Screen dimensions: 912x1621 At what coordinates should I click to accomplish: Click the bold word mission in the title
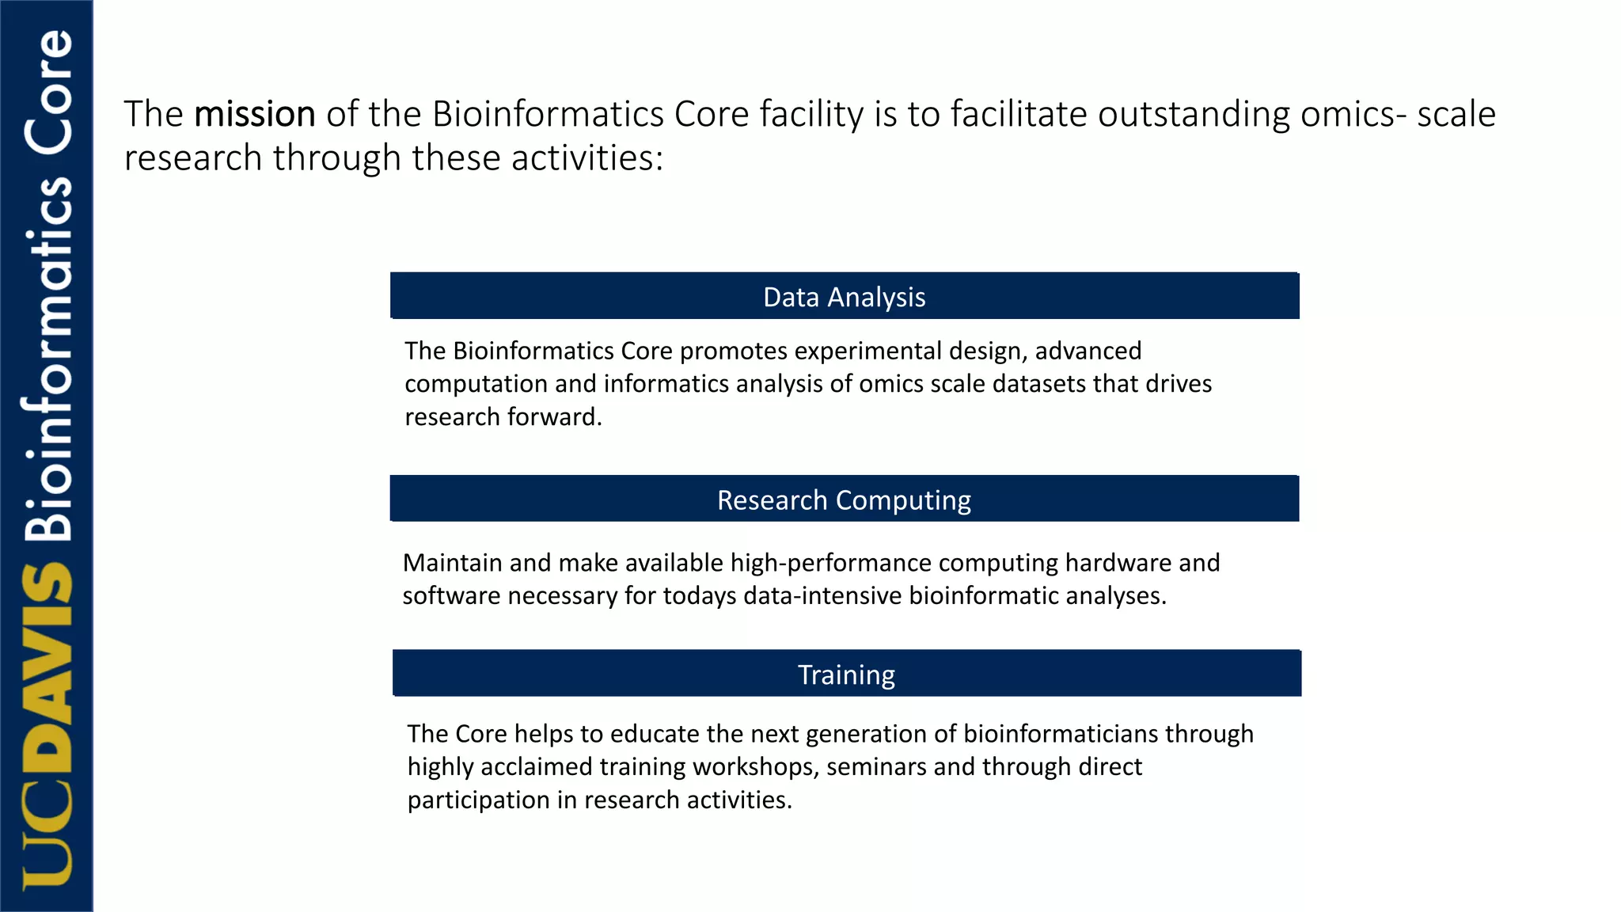[x=255, y=114]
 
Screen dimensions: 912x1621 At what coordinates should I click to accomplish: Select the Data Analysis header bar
[x=845, y=296]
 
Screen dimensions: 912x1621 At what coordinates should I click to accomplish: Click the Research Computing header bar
[x=845, y=500]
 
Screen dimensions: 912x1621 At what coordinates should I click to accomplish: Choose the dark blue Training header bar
[x=846, y=674]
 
